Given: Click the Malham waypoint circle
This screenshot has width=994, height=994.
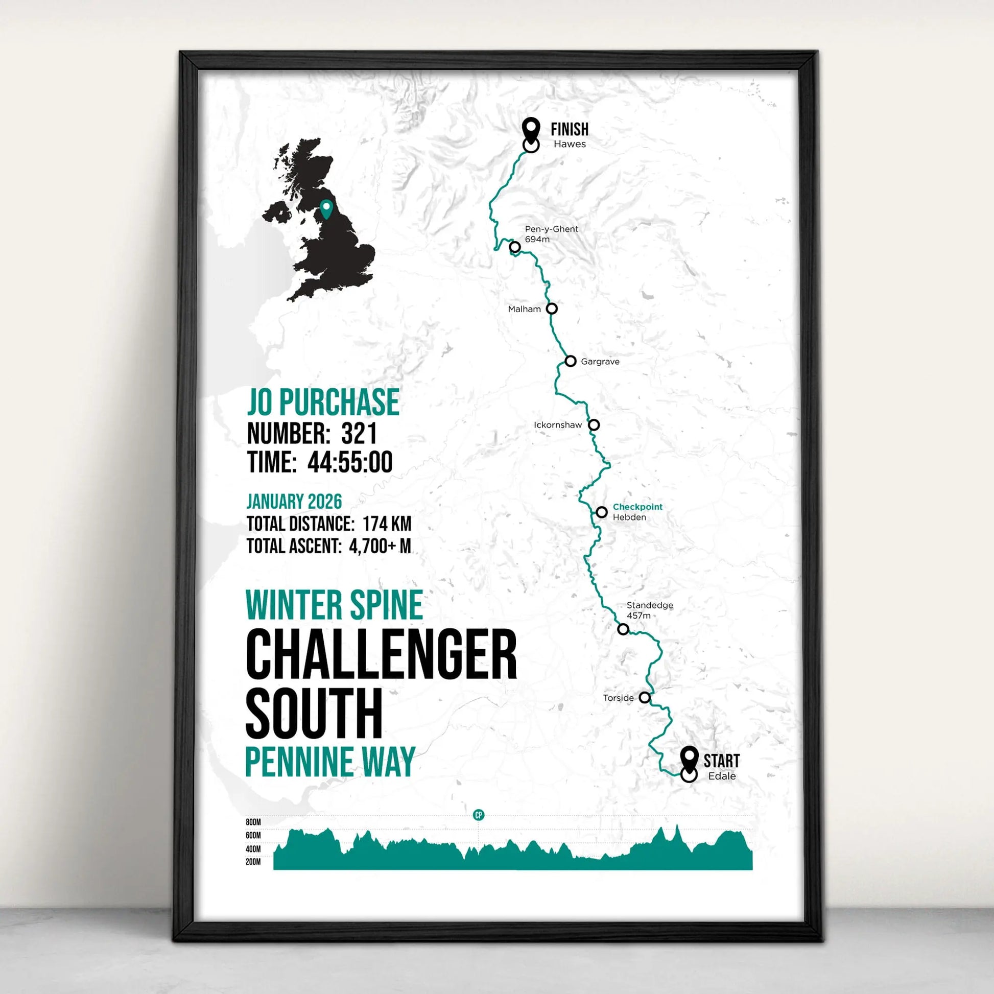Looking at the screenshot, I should click(x=552, y=309).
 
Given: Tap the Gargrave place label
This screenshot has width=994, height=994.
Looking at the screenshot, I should click(x=600, y=362).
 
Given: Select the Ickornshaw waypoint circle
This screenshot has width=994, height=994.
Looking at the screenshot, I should click(x=594, y=425).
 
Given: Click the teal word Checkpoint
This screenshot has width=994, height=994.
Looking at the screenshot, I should click(x=637, y=507).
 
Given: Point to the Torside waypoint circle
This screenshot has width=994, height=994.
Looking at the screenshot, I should click(x=645, y=698).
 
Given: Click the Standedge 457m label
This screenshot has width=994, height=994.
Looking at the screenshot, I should click(x=649, y=610).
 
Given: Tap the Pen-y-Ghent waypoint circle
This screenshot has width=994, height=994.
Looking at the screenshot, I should click(x=515, y=247).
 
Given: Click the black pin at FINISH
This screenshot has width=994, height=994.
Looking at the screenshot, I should click(x=531, y=129).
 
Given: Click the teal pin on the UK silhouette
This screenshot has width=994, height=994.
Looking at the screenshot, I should click(x=326, y=209).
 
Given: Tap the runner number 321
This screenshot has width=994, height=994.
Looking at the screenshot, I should click(x=359, y=433).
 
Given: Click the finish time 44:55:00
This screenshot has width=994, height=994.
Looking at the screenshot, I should click(x=350, y=462).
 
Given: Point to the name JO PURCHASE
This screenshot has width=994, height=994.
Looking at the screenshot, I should click(x=323, y=403).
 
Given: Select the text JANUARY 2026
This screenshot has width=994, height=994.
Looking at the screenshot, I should click(x=294, y=502).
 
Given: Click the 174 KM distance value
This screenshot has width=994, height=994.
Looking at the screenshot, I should click(x=387, y=524).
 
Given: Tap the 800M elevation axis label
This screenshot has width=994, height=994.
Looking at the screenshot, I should click(x=253, y=822).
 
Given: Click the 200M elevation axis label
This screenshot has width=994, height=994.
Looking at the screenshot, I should click(x=253, y=862).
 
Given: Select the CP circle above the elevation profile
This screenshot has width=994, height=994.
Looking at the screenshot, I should click(x=479, y=815).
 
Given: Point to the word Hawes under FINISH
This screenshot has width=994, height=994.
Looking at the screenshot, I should click(x=570, y=144).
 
